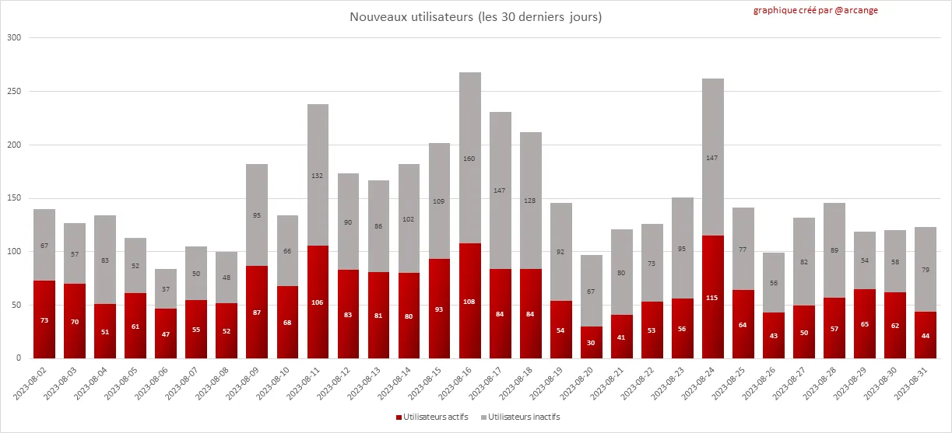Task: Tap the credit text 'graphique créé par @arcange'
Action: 815,10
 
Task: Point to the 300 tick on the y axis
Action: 15,37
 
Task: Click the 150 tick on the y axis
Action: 15,198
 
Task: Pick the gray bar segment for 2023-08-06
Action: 166,288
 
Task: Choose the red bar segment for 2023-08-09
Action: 257,312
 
